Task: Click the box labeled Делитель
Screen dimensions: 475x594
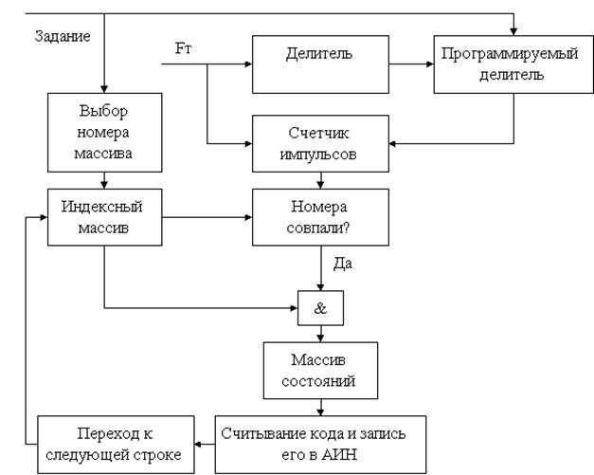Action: tap(320, 64)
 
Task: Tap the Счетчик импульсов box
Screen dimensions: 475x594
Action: tap(320, 143)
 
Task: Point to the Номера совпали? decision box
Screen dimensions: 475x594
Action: tap(320, 216)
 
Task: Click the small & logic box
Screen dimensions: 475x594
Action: tap(320, 307)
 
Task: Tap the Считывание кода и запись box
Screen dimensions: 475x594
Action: tap(320, 444)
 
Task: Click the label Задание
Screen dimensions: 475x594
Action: tap(63, 37)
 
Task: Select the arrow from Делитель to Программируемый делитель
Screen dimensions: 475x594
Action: tap(411, 64)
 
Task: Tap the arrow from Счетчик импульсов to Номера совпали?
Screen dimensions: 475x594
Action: tap(320, 180)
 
